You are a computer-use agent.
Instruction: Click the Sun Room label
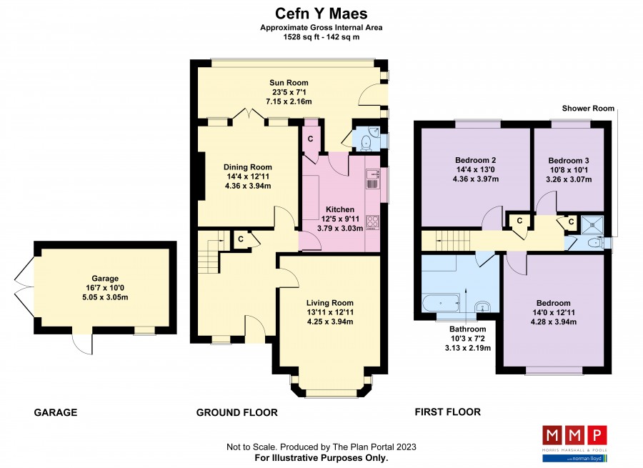(289, 82)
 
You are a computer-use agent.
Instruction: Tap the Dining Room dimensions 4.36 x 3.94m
(248, 186)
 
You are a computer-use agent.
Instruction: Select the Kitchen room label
(340, 209)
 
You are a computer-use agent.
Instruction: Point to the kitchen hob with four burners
(372, 222)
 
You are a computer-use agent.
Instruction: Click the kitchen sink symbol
(372, 179)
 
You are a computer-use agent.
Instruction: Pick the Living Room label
(329, 303)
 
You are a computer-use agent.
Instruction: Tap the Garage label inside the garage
(105, 278)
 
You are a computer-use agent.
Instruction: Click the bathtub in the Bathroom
(441, 303)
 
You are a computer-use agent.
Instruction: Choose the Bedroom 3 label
(569, 160)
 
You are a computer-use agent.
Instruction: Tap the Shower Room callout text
(588, 109)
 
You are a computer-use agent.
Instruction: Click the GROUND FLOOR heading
(236, 413)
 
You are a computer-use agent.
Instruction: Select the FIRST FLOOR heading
(448, 412)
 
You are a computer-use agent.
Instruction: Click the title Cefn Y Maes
(321, 14)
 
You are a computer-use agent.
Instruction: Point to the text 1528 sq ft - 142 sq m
(321, 37)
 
